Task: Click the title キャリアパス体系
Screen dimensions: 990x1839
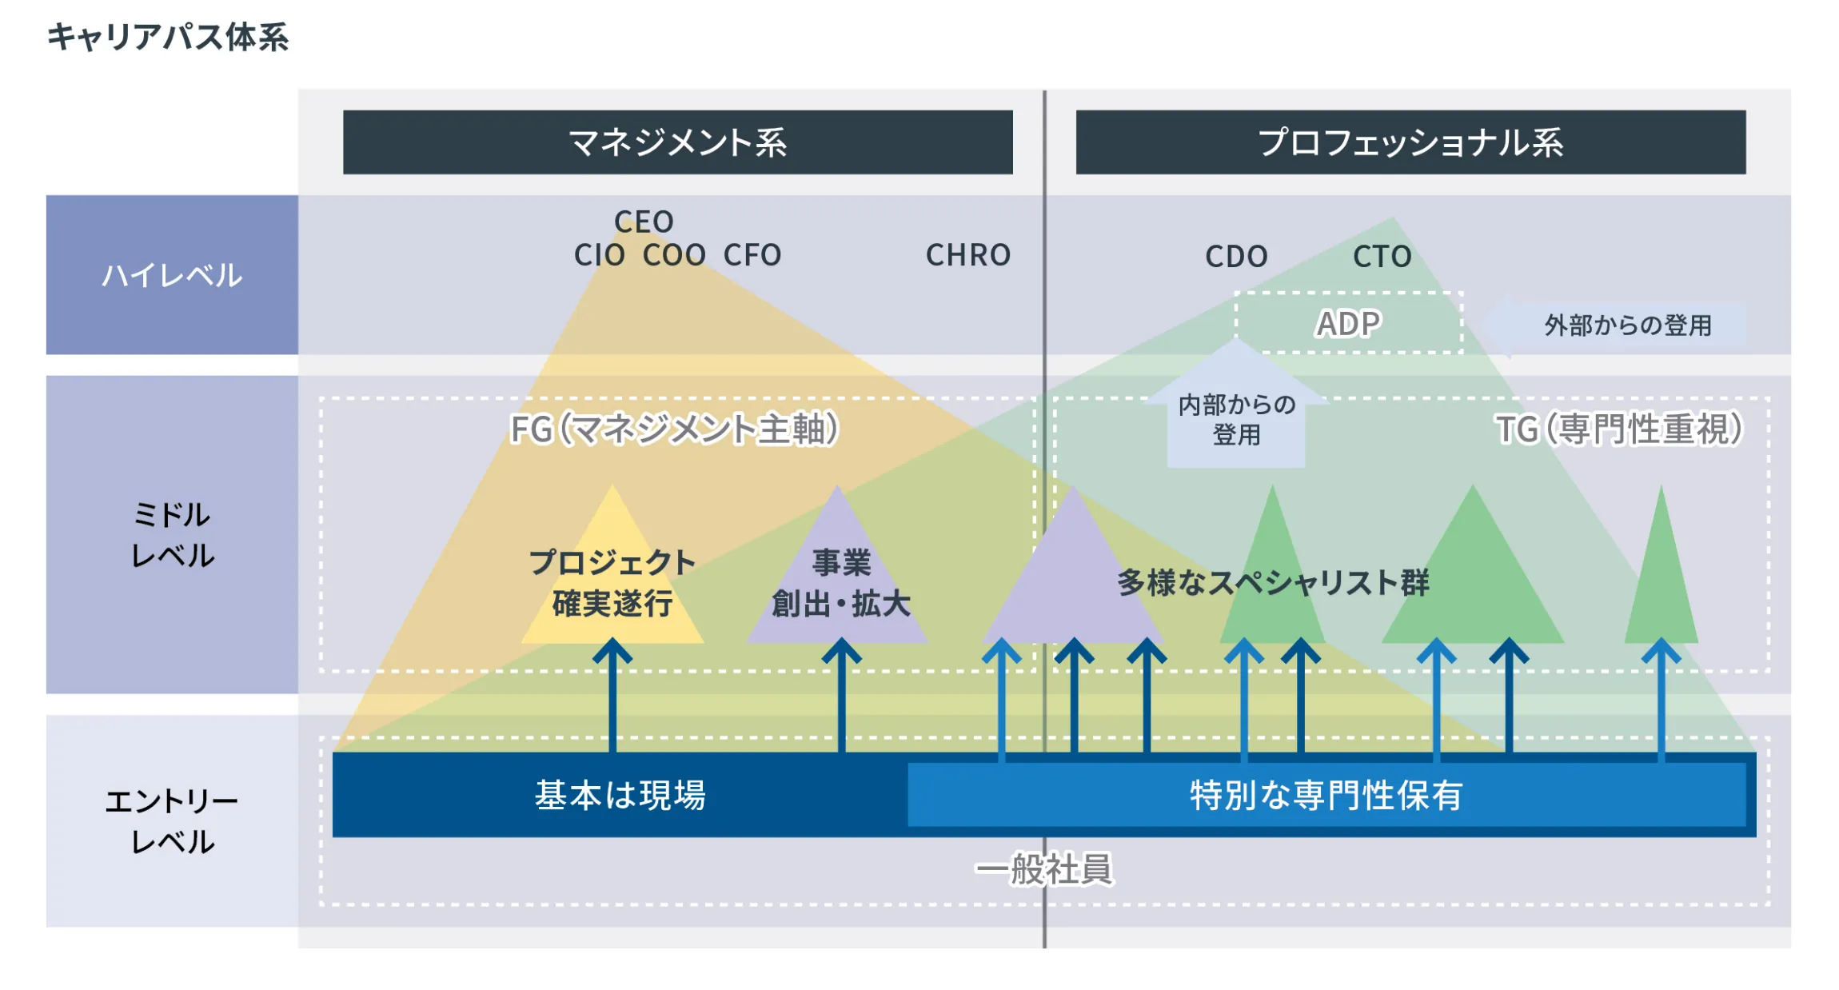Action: [x=168, y=37]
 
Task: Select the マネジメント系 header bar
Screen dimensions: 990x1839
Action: [x=677, y=142]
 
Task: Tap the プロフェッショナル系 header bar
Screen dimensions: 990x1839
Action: [x=1410, y=142]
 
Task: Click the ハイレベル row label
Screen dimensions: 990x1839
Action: [x=172, y=275]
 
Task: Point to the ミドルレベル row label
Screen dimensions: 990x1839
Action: [x=172, y=534]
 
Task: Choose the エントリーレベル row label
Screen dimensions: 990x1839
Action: [x=172, y=820]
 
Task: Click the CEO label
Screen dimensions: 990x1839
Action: [x=644, y=222]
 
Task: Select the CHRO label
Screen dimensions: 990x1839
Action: [x=968, y=255]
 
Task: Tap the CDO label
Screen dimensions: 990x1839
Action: [x=1236, y=257]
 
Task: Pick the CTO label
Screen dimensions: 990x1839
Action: [x=1382, y=257]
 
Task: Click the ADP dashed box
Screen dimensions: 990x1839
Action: [x=1349, y=323]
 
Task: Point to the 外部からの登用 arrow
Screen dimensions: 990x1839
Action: [x=1615, y=325]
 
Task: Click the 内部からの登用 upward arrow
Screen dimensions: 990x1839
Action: [x=1236, y=416]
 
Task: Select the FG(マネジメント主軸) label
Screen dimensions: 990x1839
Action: [x=674, y=429]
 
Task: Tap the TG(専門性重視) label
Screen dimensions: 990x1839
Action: [x=1619, y=429]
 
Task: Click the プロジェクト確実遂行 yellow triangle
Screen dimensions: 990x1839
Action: [x=612, y=581]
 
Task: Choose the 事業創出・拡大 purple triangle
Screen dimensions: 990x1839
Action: [x=840, y=583]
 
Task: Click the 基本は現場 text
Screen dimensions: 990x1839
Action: [x=620, y=795]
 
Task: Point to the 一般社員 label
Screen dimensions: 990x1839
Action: [x=1044, y=869]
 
